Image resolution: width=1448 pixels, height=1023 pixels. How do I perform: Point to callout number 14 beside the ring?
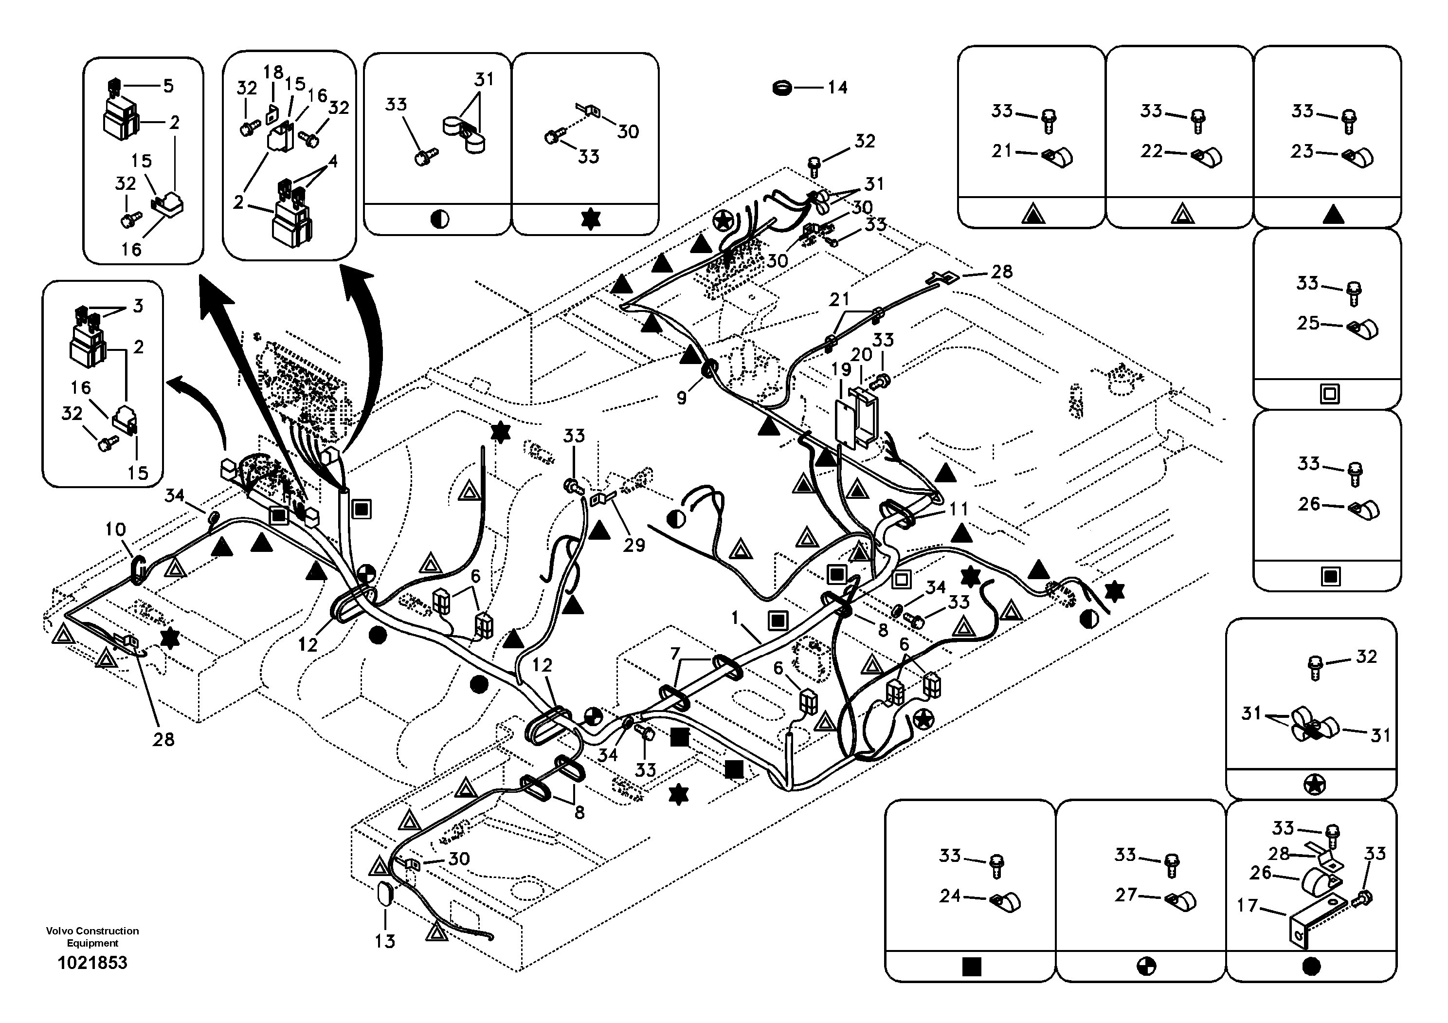pyautogui.click(x=837, y=88)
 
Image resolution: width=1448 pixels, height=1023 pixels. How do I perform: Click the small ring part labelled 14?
pyautogui.click(x=783, y=88)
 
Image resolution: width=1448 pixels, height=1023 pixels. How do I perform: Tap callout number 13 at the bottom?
pyautogui.click(x=385, y=942)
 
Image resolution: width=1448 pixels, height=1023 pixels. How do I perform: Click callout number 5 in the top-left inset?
pyautogui.click(x=168, y=86)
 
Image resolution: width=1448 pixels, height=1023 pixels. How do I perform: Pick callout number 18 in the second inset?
pyautogui.click(x=273, y=72)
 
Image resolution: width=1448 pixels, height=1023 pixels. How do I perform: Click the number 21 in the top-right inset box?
pyautogui.click(x=1001, y=151)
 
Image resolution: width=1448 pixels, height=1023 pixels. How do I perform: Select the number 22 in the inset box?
pyautogui.click(x=1152, y=151)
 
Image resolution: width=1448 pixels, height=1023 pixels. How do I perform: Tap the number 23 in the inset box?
pyautogui.click(x=1302, y=151)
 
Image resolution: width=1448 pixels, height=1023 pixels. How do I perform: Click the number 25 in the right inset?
pyautogui.click(x=1308, y=323)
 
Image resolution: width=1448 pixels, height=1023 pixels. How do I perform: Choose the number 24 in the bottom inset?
pyautogui.click(x=950, y=895)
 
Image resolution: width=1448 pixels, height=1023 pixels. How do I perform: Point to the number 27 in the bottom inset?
pyautogui.click(x=1126, y=895)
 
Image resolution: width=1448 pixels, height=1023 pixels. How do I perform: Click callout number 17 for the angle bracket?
pyautogui.click(x=1248, y=906)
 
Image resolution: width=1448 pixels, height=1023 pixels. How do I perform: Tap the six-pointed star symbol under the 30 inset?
pyautogui.click(x=590, y=219)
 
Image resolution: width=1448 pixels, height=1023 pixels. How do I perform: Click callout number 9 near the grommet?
pyautogui.click(x=682, y=399)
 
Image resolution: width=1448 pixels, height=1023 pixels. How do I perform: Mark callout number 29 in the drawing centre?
pyautogui.click(x=634, y=545)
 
